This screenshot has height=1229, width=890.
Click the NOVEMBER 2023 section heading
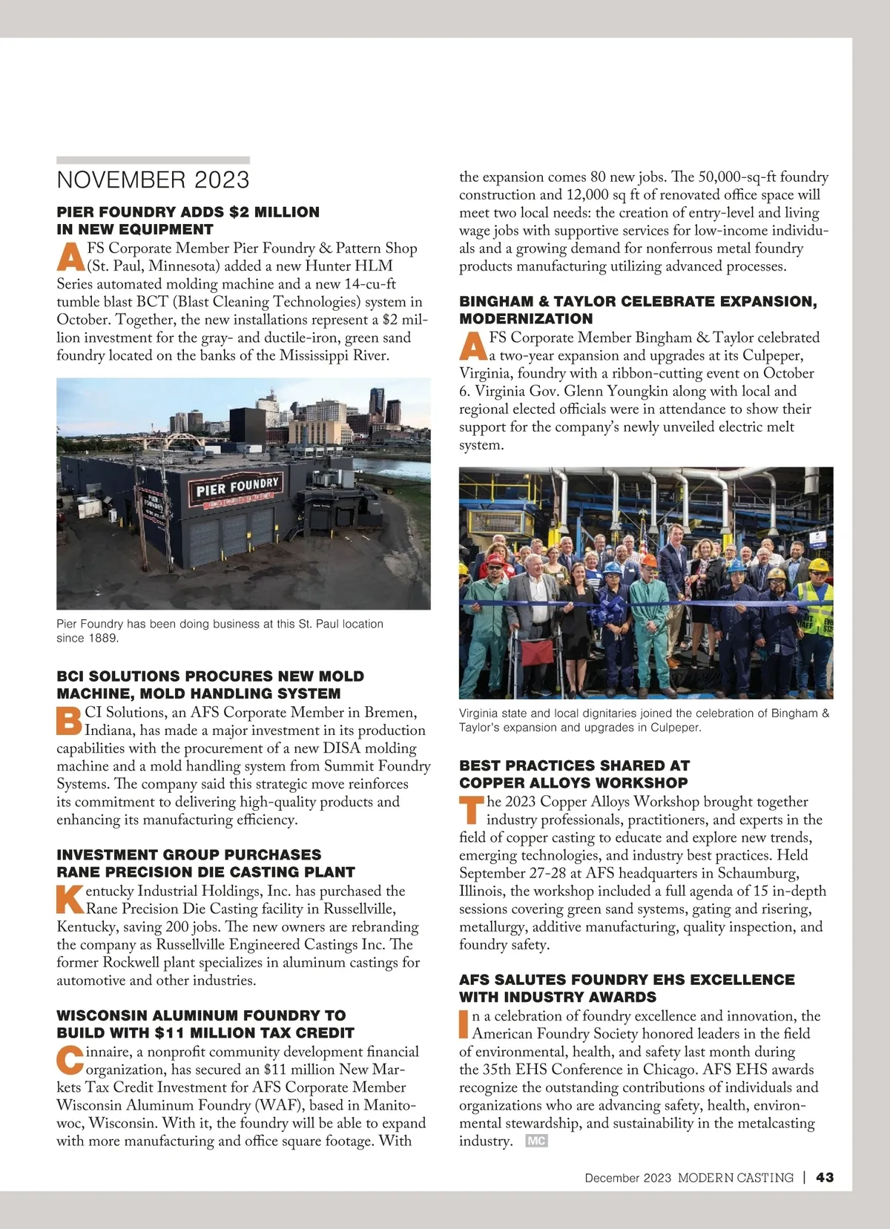point(153,180)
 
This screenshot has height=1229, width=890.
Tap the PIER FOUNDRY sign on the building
point(237,487)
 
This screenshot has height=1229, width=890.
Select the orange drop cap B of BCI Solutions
point(69,721)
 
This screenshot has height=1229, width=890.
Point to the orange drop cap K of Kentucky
point(70,899)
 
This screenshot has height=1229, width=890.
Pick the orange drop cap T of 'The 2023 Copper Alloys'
point(472,810)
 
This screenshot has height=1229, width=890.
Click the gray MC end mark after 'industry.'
point(535,1141)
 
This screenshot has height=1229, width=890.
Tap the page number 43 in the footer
point(825,1177)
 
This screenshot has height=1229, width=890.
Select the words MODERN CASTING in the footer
point(735,1177)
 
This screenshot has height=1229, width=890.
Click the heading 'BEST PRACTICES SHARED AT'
point(574,765)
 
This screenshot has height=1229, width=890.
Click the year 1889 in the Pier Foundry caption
point(104,638)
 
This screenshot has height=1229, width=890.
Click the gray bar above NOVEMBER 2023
point(153,160)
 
